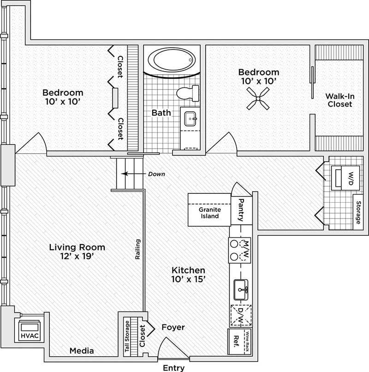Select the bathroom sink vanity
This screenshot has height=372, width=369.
point(190,119)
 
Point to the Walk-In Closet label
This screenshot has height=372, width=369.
point(339,100)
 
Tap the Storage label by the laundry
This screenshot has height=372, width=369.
point(358,212)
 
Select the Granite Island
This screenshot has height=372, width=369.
point(209,212)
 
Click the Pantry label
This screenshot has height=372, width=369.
point(240,209)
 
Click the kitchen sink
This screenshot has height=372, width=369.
point(241,290)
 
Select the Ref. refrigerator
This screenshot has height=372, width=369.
point(236,342)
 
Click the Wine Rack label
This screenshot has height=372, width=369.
point(248,342)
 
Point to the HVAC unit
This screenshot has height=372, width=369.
point(27,330)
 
